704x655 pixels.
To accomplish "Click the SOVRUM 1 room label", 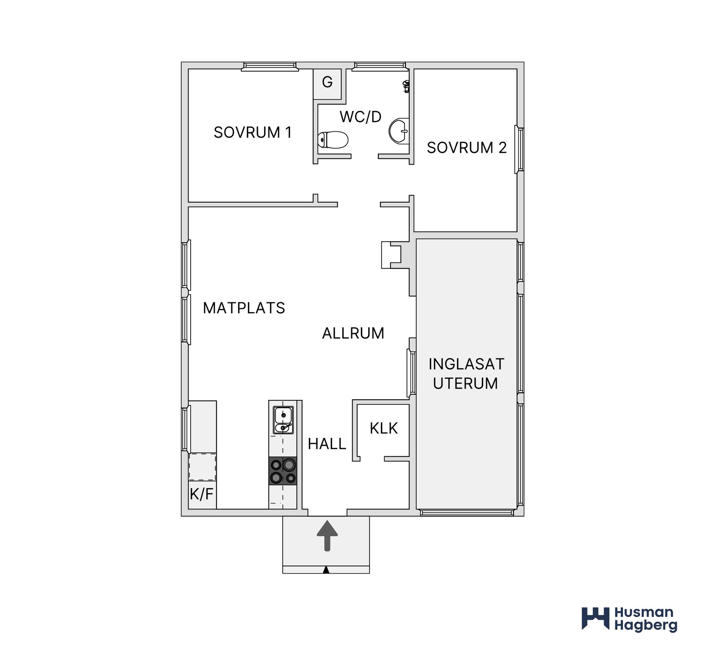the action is (x=253, y=132).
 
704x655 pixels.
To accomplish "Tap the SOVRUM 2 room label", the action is (x=467, y=148).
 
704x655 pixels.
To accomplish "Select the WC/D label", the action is (x=360, y=117).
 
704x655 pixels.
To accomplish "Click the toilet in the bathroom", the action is (x=333, y=140).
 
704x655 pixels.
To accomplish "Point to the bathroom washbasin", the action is (x=399, y=131).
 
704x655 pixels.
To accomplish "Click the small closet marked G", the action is (x=327, y=84).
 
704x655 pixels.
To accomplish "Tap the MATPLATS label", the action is (x=244, y=308).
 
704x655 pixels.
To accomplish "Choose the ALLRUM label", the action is (x=353, y=334).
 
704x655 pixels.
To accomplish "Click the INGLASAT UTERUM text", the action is (x=466, y=374).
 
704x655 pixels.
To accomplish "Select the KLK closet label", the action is (x=384, y=428).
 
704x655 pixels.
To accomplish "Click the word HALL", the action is (x=327, y=444).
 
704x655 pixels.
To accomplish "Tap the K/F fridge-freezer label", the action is (x=202, y=494).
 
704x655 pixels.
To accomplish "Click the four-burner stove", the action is (x=283, y=471).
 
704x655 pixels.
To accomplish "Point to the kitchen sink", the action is (x=283, y=420).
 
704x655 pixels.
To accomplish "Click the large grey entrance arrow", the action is (x=327, y=536).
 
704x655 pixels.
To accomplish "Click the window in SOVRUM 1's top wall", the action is (x=269, y=66).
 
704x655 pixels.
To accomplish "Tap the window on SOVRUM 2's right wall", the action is (x=519, y=149).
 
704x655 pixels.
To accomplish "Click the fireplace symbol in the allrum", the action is (x=391, y=255).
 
